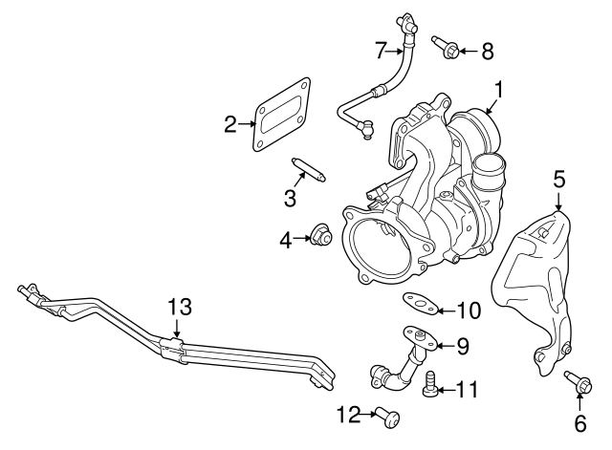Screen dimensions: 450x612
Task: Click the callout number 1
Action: pos(499,91)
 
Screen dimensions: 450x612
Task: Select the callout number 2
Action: pos(230,122)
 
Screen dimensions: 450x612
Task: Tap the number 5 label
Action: pos(559,177)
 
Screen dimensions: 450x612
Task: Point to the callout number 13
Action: pos(180,308)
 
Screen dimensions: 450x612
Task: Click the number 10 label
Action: pos(468,310)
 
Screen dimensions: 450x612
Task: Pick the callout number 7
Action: pos(380,49)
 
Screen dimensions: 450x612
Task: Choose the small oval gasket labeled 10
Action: pos(420,304)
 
